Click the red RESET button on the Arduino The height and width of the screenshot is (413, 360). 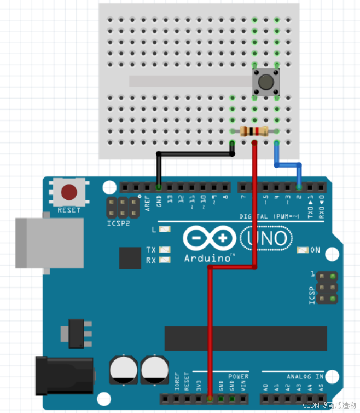click(69, 192)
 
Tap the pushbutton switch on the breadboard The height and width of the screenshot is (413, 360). click(266, 82)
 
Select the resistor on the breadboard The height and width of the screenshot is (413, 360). click(254, 131)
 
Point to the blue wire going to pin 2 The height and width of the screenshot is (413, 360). click(287, 163)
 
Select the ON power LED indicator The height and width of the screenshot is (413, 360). click(301, 250)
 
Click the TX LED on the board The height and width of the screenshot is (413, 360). click(164, 250)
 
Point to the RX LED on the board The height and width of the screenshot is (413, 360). click(164, 260)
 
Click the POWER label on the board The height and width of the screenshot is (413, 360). click(238, 376)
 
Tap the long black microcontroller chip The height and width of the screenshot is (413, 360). click(246, 337)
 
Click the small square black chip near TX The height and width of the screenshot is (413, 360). click(130, 258)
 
